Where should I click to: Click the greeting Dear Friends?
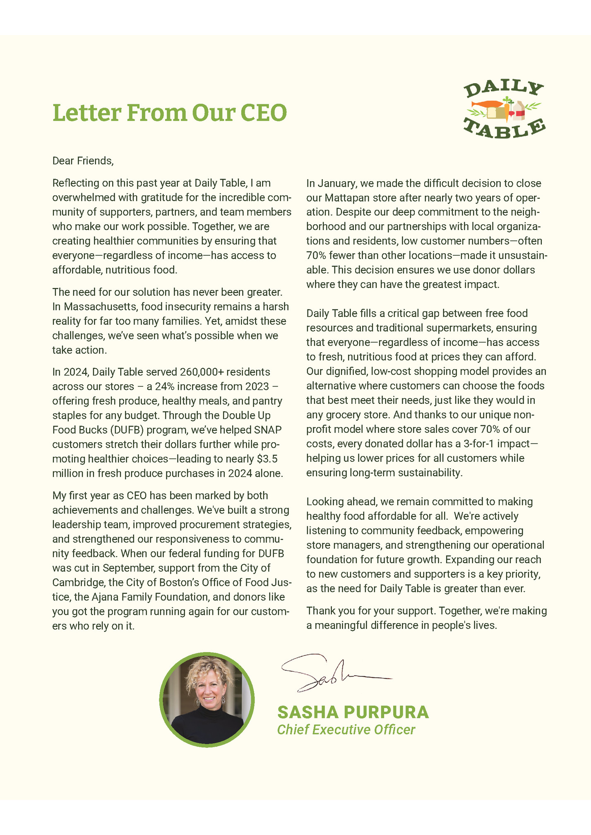(83, 161)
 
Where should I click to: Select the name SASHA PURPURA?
(353, 712)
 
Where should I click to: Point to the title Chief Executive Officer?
(346, 729)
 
